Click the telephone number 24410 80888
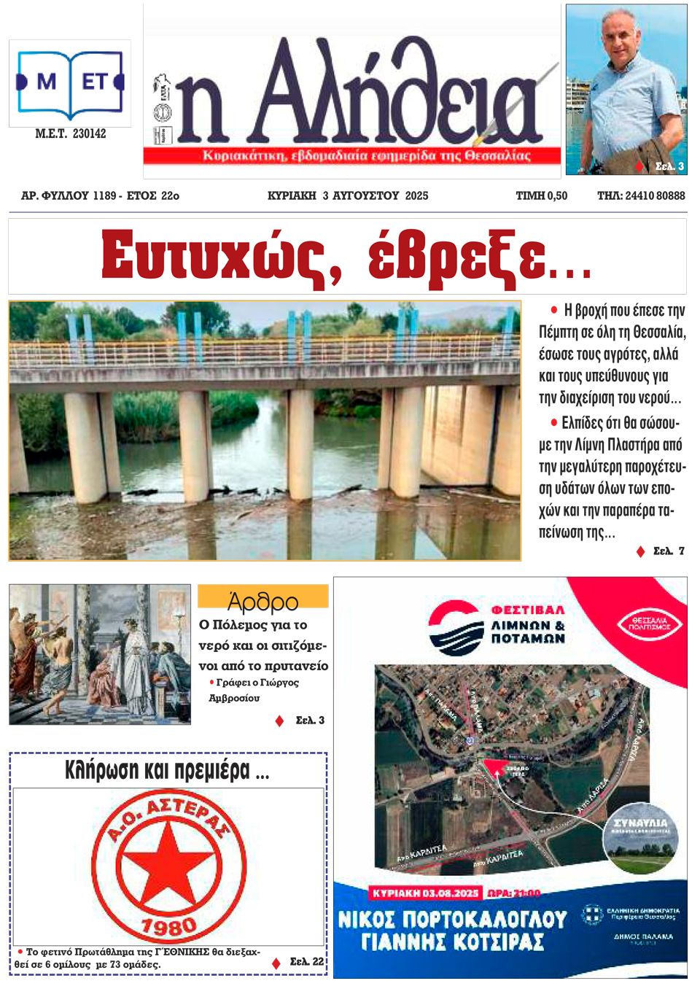(654, 195)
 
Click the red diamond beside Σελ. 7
(641, 551)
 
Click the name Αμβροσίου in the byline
(234, 698)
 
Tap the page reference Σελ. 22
(306, 961)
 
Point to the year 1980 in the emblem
(169, 926)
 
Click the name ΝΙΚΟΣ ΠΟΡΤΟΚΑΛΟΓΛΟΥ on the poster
(452, 919)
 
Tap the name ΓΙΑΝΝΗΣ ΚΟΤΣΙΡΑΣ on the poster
(452, 942)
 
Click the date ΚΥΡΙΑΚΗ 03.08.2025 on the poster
(425, 893)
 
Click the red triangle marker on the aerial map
(497, 766)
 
